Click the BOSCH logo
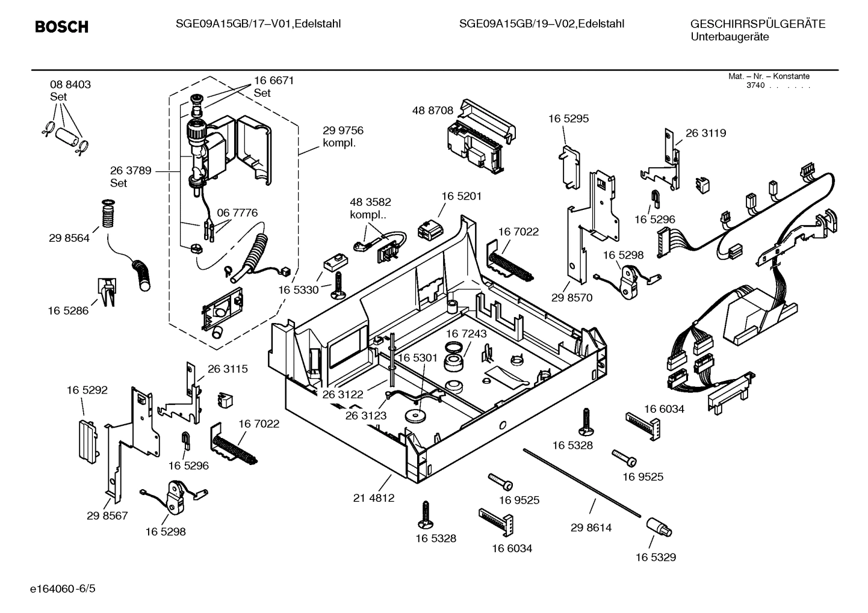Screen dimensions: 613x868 [x=61, y=27]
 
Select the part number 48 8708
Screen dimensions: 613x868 [x=432, y=111]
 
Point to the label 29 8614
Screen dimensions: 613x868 [x=591, y=528]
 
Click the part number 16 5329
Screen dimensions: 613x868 [x=656, y=557]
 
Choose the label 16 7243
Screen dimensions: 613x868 [x=467, y=333]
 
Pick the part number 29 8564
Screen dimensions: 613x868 [x=69, y=238]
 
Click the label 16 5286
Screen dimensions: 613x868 [x=68, y=310]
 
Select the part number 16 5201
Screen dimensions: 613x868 [x=462, y=196]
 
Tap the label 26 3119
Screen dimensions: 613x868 [x=705, y=133]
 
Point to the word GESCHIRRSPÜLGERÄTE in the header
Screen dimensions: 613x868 [x=757, y=24]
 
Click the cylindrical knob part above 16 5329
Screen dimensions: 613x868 [x=659, y=527]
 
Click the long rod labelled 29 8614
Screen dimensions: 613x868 [x=581, y=481]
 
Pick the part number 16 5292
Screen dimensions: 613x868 [x=87, y=390]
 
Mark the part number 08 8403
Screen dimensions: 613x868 [x=70, y=85]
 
